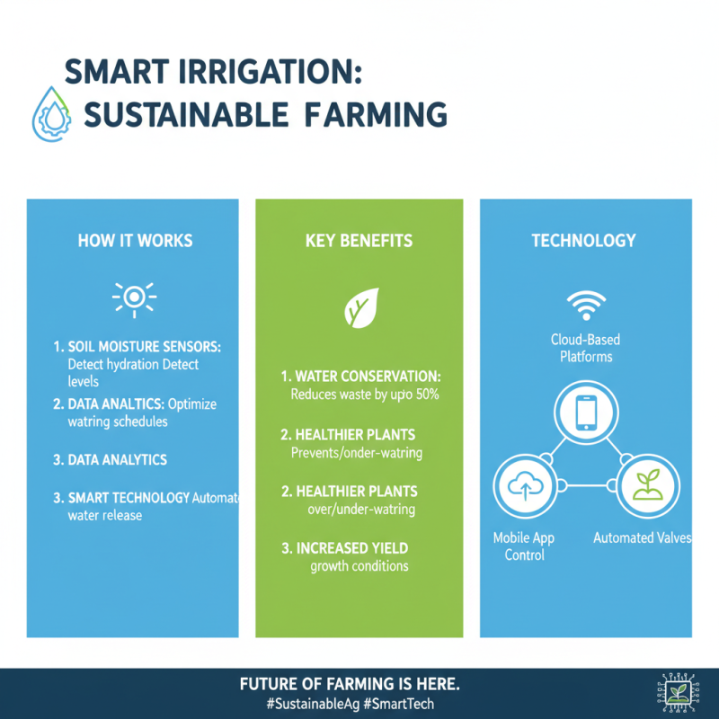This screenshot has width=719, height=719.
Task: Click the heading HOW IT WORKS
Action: (135, 241)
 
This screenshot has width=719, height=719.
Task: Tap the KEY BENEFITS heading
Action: (359, 241)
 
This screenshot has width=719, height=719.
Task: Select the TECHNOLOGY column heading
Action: (583, 241)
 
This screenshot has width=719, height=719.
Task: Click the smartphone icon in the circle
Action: (584, 412)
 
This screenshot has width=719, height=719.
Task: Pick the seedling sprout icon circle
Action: (645, 485)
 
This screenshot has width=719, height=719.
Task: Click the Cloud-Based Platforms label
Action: (585, 349)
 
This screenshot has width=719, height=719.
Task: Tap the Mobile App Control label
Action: (524, 546)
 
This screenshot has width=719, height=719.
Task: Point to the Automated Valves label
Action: (642, 538)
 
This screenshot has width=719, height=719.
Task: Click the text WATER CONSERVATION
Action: (363, 377)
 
